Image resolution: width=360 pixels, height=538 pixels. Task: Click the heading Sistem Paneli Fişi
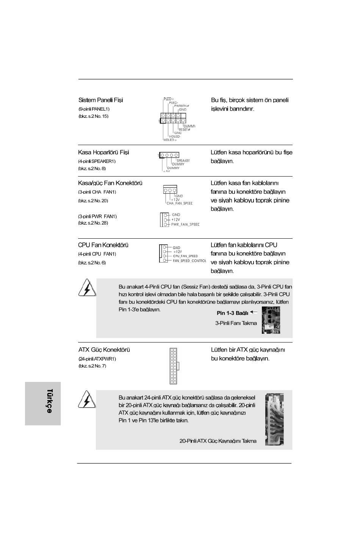[x=100, y=100]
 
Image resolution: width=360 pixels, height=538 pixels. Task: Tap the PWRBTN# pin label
[x=182, y=106]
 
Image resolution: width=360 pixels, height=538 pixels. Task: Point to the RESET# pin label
[x=184, y=129]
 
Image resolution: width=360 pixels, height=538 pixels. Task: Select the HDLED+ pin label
[x=170, y=140]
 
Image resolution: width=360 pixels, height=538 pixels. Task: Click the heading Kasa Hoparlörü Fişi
[x=103, y=152]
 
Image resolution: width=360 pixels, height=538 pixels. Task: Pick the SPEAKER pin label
[x=183, y=161]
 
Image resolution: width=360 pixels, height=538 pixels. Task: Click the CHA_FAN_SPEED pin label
[x=179, y=203]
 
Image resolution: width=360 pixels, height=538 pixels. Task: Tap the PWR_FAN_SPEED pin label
[x=185, y=224]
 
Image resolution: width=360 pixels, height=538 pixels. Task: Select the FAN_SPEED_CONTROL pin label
[x=189, y=261]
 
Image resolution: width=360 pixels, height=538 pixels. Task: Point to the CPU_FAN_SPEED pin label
[x=185, y=256]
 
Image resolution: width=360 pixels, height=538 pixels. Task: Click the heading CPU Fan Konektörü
[x=103, y=245]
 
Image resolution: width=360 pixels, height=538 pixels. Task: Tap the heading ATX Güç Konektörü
[x=104, y=350]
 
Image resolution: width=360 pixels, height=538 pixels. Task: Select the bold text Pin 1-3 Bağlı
[x=232, y=313]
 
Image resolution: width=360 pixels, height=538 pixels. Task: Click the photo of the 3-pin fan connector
[x=271, y=320]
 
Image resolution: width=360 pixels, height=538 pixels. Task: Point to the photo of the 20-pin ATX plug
[x=274, y=419]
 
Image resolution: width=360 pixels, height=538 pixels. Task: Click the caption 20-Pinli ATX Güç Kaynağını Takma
[x=218, y=441]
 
